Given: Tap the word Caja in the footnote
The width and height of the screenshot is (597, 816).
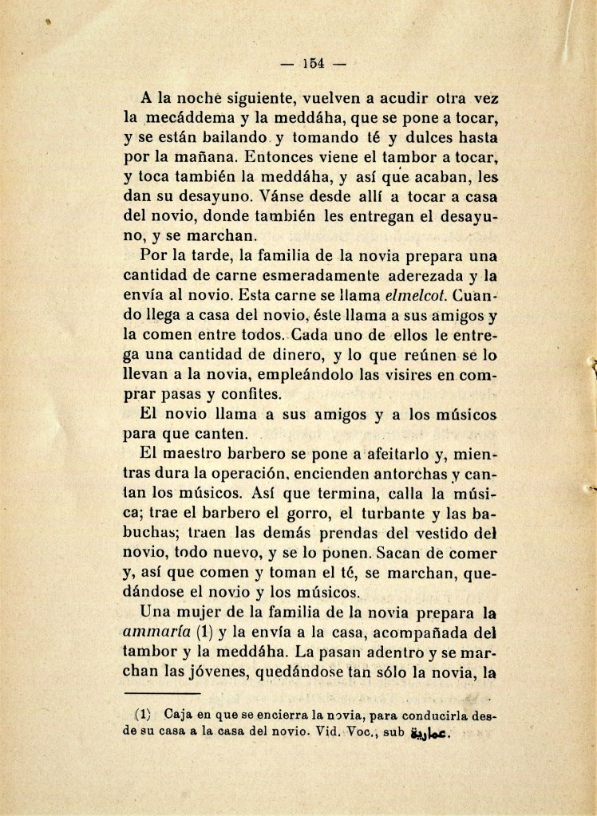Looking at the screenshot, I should (175, 714).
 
